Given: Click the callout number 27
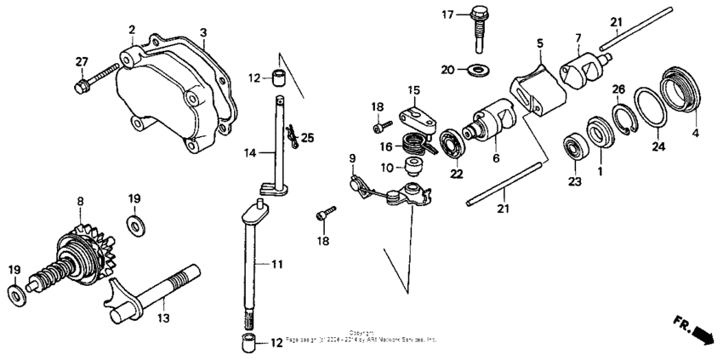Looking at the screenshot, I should click(81, 60).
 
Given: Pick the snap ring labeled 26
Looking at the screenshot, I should click(625, 117).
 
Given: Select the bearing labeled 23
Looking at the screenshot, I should click(578, 149).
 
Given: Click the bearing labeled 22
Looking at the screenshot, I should click(452, 140).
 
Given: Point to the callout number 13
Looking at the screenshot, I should click(162, 317).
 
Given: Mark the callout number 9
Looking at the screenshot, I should click(351, 157).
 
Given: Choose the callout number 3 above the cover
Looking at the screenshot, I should click(202, 33).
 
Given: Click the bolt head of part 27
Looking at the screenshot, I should click(82, 85).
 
